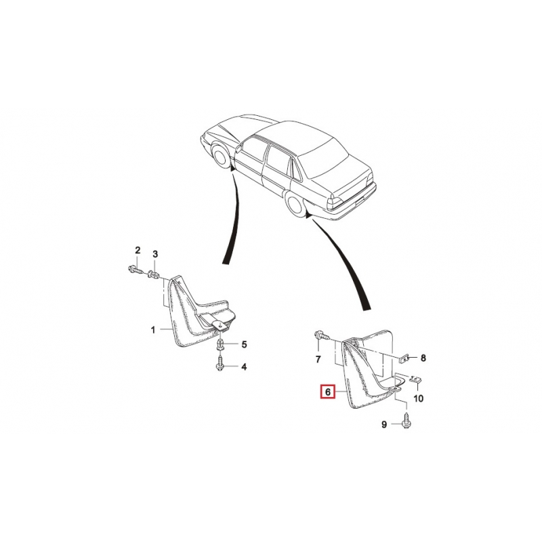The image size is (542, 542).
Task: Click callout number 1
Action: click(153, 330)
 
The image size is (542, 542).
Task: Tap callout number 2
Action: click(138, 250)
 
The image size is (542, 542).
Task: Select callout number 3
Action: click(155, 254)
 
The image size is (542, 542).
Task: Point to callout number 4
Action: click(244, 367)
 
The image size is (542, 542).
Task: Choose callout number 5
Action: click(244, 344)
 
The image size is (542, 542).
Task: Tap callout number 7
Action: click(318, 360)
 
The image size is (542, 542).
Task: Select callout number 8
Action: click(423, 358)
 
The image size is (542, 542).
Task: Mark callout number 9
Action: click(384, 424)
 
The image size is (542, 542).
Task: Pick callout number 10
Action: click(418, 398)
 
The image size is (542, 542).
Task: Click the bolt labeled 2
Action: click(135, 269)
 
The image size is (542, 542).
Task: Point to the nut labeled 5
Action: click(221, 345)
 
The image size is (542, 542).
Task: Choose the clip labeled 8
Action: click(404, 359)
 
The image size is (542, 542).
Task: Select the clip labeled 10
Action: click(416, 379)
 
